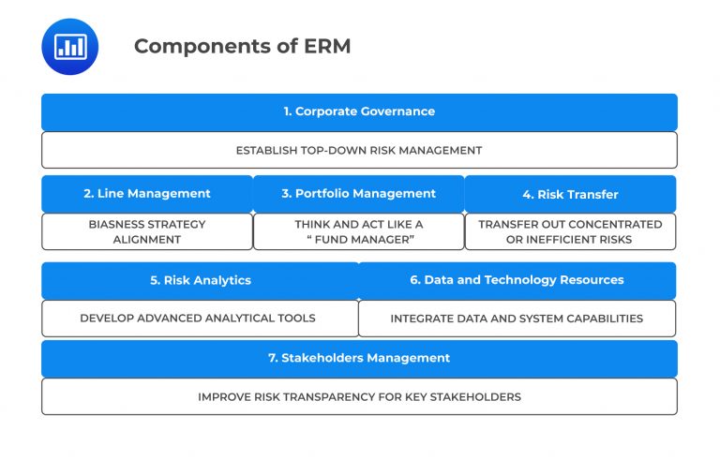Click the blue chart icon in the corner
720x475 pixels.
[x=70, y=46]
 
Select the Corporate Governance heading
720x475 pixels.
[x=359, y=111]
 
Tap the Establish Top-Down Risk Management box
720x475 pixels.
[x=359, y=150]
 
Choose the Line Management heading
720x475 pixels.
[x=147, y=194]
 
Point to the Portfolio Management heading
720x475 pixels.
[x=358, y=194]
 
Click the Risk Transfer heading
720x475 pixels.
[x=570, y=195]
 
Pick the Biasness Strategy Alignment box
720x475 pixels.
[x=147, y=231]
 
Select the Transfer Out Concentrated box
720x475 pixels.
[x=570, y=231]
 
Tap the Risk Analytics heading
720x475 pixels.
[x=201, y=280]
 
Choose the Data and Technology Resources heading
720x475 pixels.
[x=517, y=280]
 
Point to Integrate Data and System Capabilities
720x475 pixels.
[x=517, y=319]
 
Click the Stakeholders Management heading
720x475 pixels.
[x=359, y=358]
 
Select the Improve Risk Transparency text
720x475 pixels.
[x=359, y=396]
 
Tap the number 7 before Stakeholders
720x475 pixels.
[x=272, y=358]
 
